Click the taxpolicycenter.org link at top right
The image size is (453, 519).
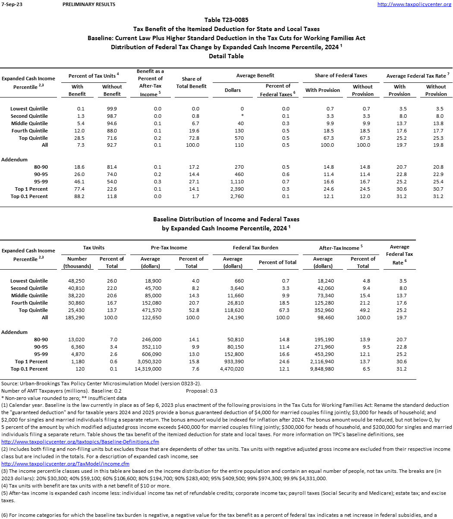tap(414, 4)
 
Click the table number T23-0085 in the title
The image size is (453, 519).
tap(226, 20)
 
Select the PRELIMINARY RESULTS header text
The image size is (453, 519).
tap(88, 4)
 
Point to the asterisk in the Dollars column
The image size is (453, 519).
tap(242, 116)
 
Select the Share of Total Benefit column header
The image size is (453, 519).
tap(192, 82)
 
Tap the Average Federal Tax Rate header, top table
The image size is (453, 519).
tap(417, 76)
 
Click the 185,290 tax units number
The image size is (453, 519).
tap(76, 318)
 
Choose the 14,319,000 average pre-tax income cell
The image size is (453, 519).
tap(148, 369)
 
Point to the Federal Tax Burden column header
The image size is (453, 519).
tap(255, 248)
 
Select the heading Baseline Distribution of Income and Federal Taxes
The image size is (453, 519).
tap(226, 220)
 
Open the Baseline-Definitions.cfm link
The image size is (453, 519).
tap(80, 442)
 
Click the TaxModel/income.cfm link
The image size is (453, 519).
tap(66, 464)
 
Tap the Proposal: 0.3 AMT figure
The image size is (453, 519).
tap(201, 391)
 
